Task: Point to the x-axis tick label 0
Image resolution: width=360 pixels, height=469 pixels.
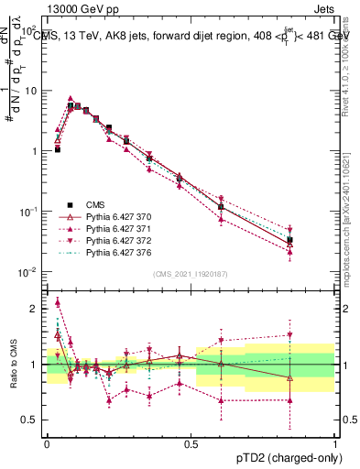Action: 46,444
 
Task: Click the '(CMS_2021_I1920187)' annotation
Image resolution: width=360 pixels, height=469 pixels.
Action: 190,274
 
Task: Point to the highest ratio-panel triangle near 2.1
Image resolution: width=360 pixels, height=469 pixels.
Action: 57,301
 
